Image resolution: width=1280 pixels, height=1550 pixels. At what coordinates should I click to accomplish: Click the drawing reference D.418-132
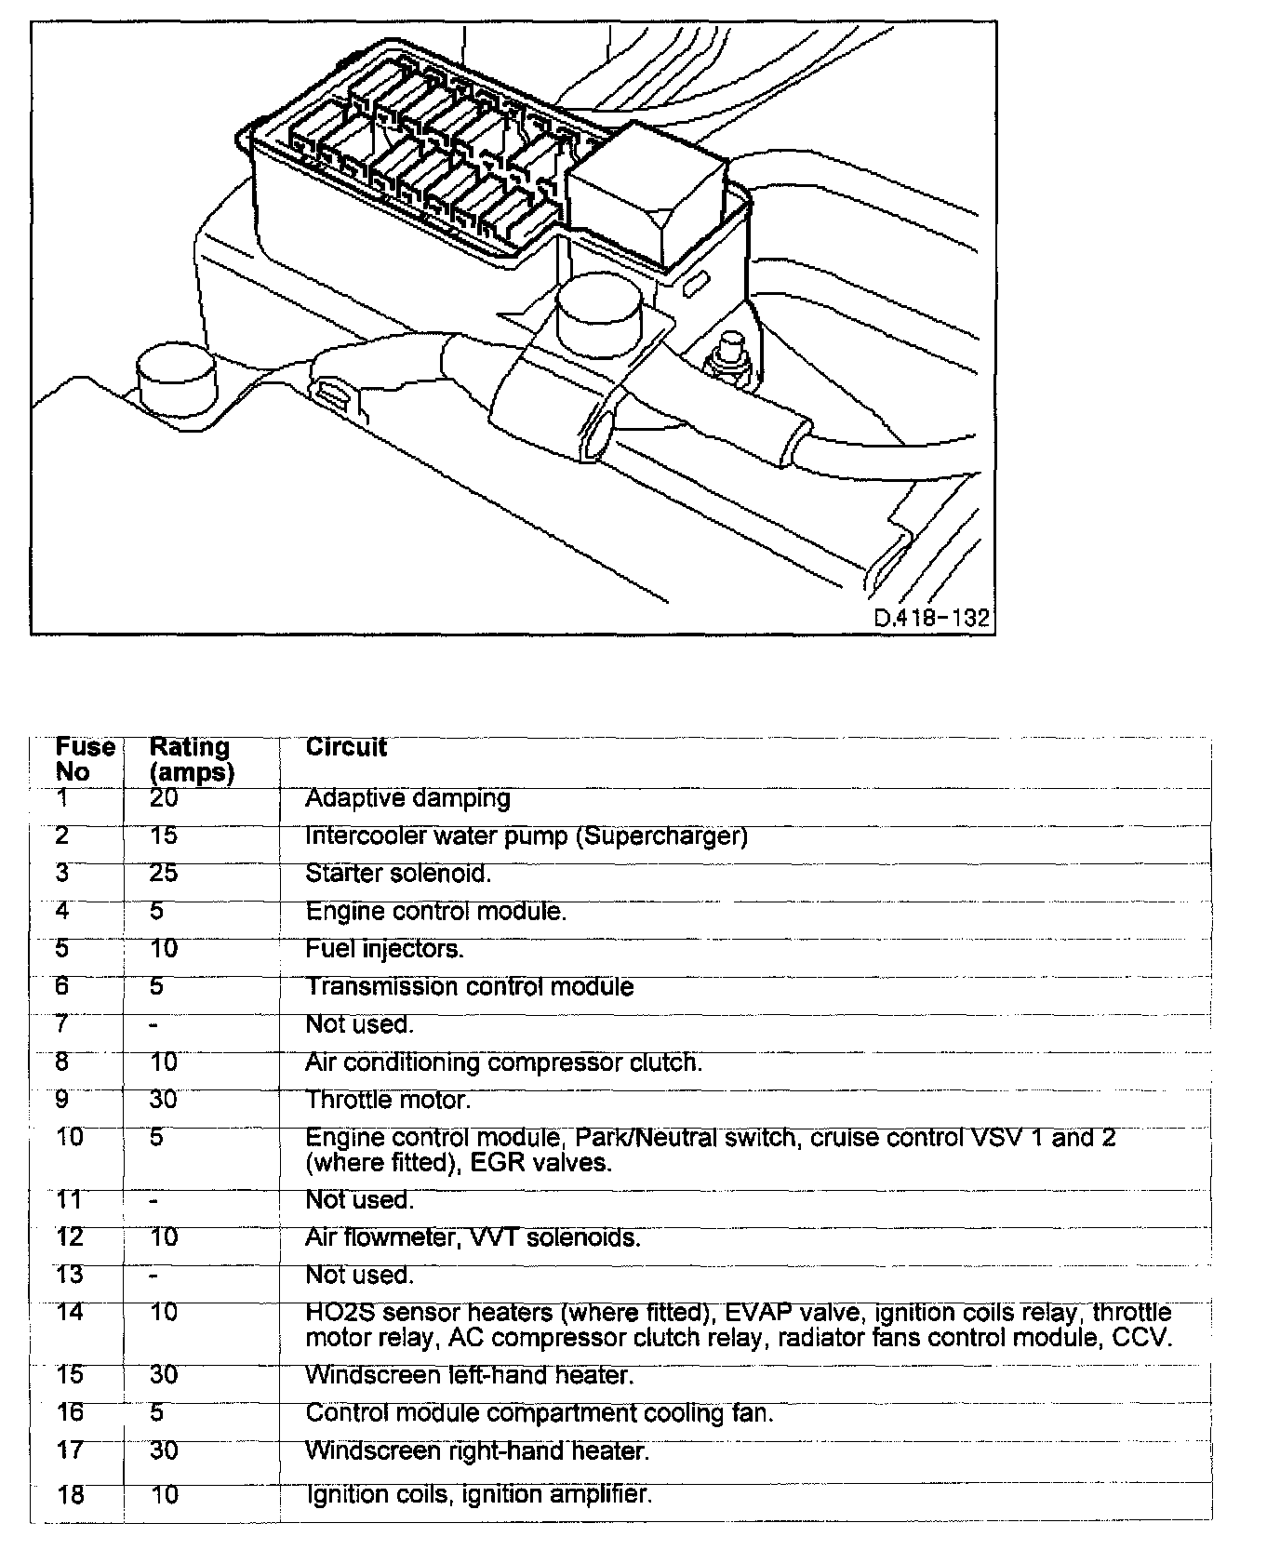(931, 619)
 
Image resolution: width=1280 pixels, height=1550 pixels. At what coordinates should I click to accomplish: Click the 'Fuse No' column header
(85, 759)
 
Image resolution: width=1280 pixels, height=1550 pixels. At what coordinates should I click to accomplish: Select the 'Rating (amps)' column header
(192, 759)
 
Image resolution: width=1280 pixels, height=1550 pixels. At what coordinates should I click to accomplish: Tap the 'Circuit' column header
(346, 747)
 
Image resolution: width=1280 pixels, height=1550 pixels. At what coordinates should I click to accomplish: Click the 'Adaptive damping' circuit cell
(407, 798)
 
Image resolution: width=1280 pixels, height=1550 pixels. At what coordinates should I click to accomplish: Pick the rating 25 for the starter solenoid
(163, 874)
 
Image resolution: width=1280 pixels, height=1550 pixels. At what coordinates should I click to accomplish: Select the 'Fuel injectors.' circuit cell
(384, 949)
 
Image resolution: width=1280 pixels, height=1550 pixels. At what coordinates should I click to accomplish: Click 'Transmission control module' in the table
(470, 986)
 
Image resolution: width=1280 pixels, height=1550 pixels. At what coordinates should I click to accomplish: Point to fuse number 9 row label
(62, 1100)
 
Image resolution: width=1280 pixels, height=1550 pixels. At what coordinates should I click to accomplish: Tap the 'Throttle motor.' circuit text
(388, 1100)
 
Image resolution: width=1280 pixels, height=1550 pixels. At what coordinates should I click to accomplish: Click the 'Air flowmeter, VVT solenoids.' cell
(473, 1237)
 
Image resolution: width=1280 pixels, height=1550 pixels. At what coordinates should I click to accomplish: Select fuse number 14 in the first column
(70, 1313)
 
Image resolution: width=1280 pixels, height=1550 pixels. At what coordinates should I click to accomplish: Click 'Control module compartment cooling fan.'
(540, 1412)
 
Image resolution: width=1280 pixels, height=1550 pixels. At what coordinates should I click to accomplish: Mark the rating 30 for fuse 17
(163, 1450)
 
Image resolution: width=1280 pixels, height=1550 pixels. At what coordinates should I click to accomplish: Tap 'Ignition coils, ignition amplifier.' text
(479, 1494)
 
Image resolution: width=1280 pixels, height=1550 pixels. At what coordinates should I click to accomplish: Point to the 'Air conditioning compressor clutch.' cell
(503, 1062)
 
